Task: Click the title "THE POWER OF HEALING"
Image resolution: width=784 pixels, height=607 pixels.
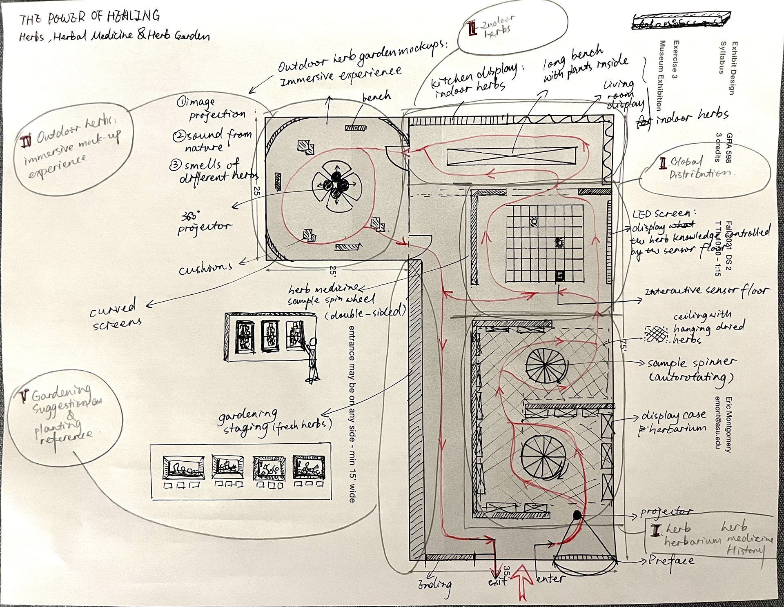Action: (90, 18)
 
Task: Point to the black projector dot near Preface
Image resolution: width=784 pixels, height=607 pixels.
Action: (577, 515)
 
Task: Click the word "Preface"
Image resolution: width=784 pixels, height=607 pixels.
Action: (671, 560)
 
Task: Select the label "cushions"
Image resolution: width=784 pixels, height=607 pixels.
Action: (205, 268)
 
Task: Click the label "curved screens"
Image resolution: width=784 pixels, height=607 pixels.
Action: (116, 315)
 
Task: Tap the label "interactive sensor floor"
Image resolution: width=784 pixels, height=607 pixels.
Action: (706, 291)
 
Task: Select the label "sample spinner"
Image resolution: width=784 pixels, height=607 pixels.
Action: (692, 362)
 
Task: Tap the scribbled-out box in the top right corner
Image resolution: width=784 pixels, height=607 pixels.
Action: (681, 22)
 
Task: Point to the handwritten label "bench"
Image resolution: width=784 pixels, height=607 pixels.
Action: (376, 96)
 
